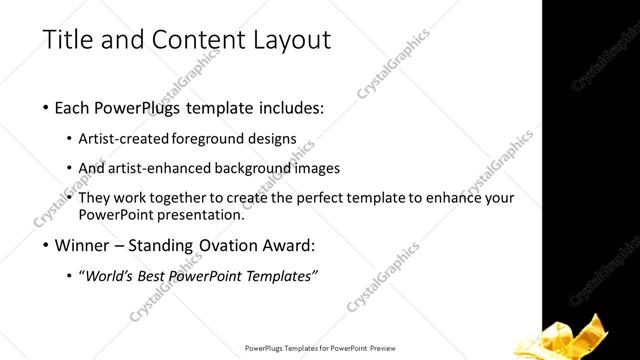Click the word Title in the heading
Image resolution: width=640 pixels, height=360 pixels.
(68, 41)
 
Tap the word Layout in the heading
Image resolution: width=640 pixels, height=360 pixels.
(293, 41)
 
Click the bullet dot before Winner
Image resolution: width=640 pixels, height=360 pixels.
(46, 245)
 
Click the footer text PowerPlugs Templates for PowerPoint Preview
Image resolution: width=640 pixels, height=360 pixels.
(319, 348)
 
